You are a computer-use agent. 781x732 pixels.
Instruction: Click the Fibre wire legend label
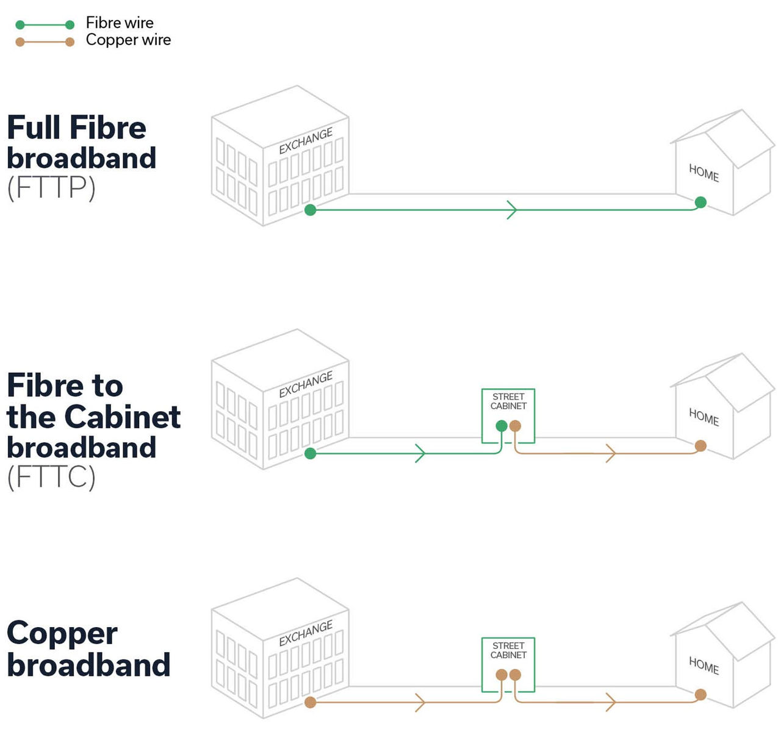(120, 23)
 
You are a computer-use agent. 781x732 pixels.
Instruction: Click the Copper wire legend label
(128, 40)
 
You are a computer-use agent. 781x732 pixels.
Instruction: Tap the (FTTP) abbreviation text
(51, 188)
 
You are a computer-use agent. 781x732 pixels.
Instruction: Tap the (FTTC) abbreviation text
(51, 477)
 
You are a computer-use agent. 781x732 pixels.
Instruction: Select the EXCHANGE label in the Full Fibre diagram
(306, 141)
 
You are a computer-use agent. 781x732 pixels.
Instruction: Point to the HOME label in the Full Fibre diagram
(704, 173)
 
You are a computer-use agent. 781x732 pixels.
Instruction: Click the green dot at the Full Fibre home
(700, 203)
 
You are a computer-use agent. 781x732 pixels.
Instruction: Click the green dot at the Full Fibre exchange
(310, 210)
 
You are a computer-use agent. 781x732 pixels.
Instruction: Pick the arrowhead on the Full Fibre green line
(512, 210)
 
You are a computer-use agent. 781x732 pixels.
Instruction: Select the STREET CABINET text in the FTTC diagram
(508, 401)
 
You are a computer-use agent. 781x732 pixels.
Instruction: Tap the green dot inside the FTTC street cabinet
(502, 426)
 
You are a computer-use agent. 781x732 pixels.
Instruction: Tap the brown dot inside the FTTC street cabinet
(515, 426)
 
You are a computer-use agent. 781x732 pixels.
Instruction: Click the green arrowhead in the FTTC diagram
(420, 453)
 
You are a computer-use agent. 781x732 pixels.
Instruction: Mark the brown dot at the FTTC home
(700, 446)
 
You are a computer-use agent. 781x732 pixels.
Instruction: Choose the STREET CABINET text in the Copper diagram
(508, 650)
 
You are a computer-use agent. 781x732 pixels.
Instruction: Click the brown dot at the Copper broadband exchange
(310, 702)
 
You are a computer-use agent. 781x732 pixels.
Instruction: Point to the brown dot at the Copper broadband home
(700, 695)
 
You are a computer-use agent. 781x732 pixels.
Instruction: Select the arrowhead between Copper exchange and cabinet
(420, 702)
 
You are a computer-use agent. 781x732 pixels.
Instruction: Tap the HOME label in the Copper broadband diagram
(704, 666)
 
